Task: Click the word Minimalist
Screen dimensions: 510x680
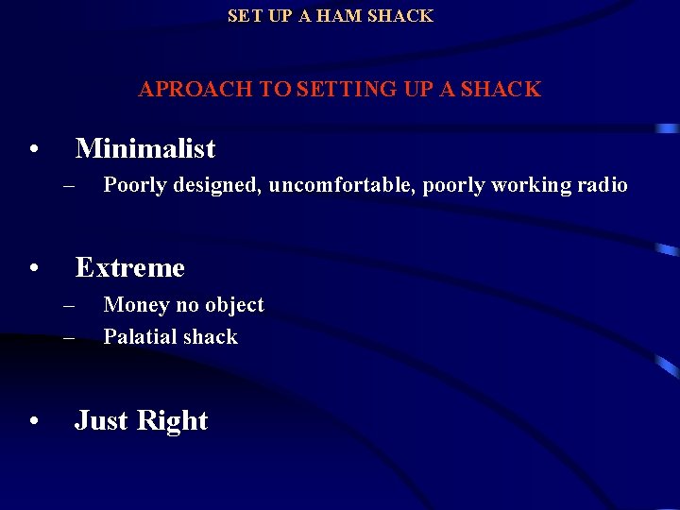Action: (x=145, y=148)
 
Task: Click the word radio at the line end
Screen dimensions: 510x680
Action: (x=603, y=185)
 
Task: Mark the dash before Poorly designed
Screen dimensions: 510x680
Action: (x=69, y=186)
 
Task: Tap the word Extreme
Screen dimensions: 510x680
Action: (x=129, y=268)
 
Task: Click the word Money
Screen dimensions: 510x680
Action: (x=133, y=305)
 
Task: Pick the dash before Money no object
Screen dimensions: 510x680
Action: (x=69, y=306)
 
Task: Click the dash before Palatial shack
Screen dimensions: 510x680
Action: (x=69, y=338)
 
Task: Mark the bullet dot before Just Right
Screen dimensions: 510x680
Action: (x=33, y=423)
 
